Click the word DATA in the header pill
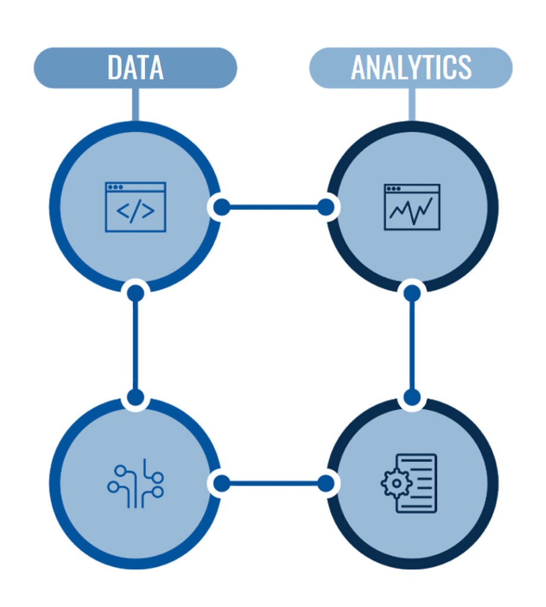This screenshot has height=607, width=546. click(x=135, y=68)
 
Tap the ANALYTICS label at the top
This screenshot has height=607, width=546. click(x=411, y=68)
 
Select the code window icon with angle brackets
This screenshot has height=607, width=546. click(x=135, y=207)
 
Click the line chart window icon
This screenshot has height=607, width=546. click(x=412, y=207)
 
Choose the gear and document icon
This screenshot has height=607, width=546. click(x=409, y=484)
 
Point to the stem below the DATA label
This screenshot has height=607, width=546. click(x=136, y=104)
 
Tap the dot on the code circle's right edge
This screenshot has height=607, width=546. click(x=221, y=207)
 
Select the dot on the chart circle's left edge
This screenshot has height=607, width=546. click(x=325, y=207)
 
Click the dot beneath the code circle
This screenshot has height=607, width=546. click(x=136, y=293)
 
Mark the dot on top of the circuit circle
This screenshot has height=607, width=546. click(x=136, y=397)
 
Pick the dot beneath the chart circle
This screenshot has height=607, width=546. click(x=412, y=293)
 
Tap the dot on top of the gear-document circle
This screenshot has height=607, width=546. click(x=412, y=397)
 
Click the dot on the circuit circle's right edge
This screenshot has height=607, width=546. click(x=221, y=483)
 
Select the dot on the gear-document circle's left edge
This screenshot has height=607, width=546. click(x=325, y=483)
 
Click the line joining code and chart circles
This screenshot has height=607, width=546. click(x=273, y=207)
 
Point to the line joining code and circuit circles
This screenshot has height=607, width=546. click(x=136, y=344)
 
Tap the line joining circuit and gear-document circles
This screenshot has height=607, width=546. click(x=273, y=483)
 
